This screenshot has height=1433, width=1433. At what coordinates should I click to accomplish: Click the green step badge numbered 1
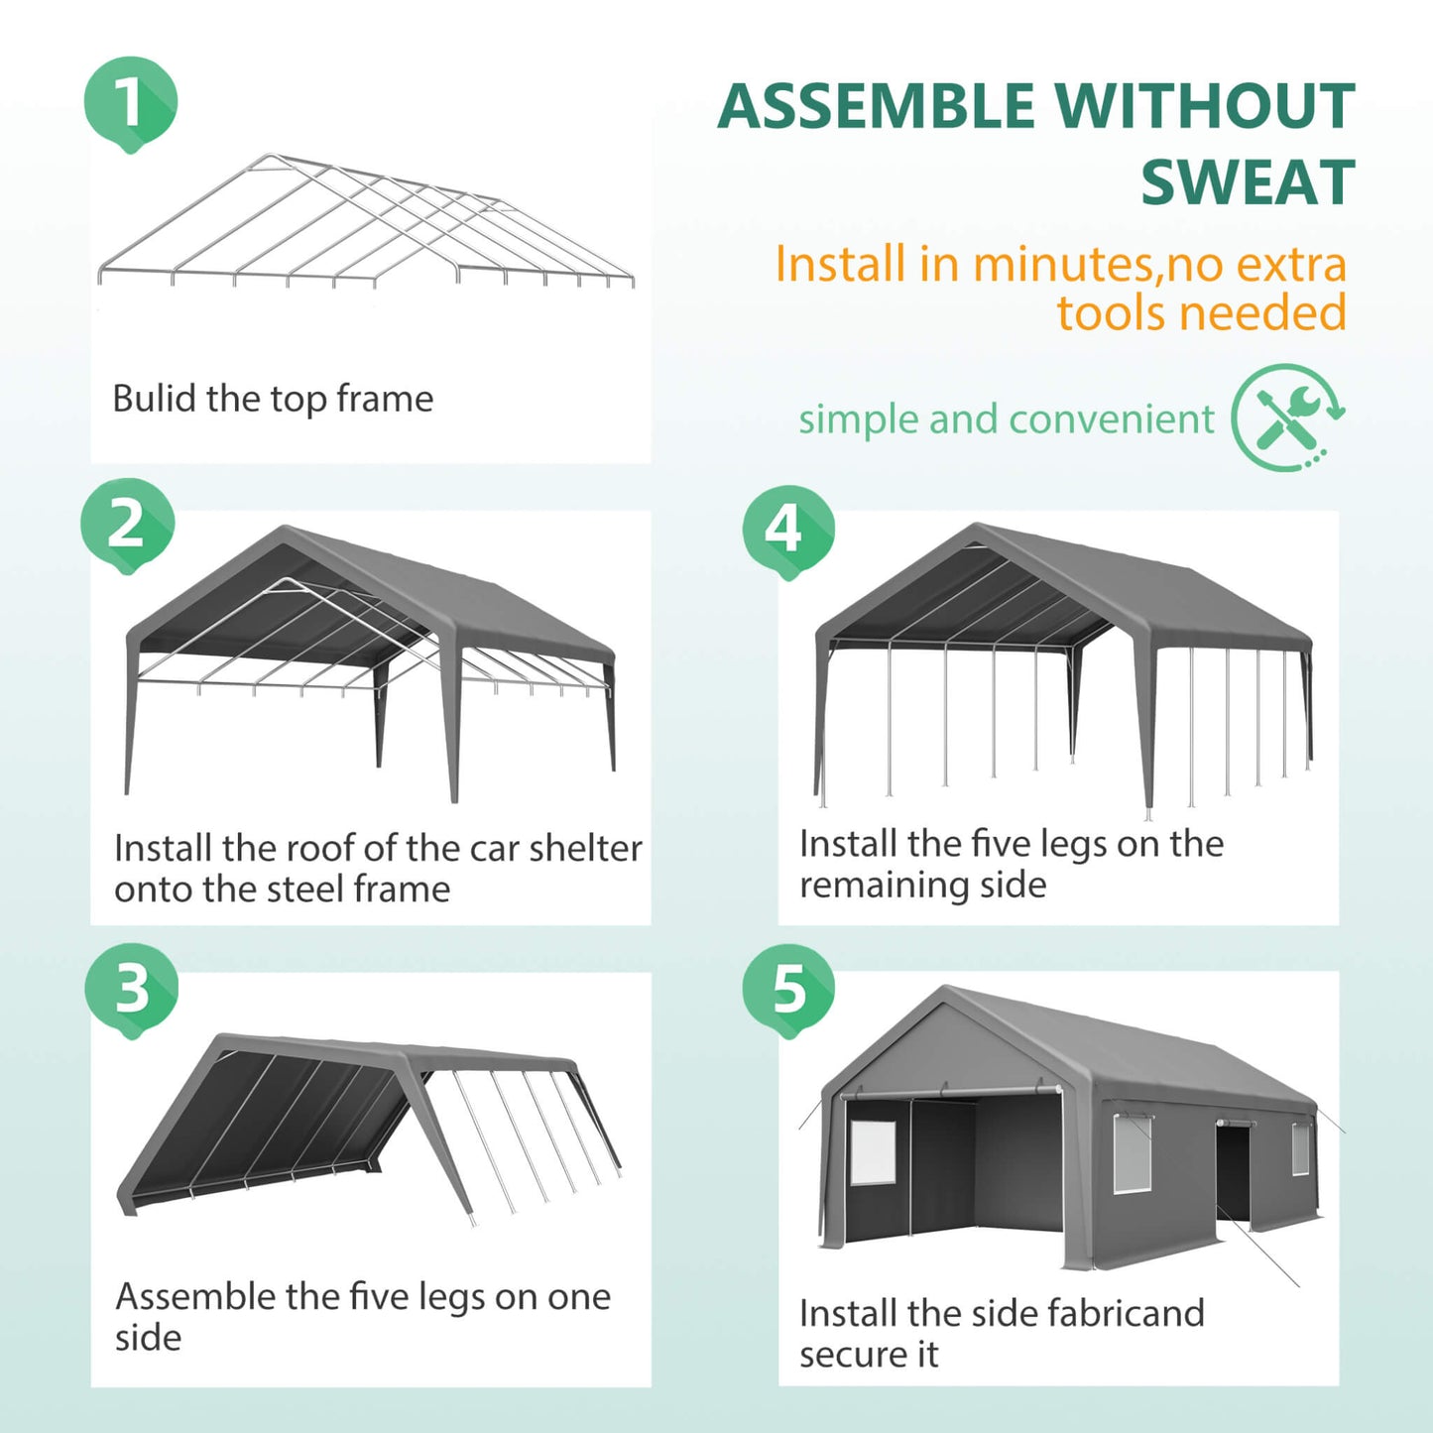pos(130,102)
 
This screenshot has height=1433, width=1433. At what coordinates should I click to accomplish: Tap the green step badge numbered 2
pos(127,524)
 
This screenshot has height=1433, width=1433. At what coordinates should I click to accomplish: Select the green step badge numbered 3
pos(131,989)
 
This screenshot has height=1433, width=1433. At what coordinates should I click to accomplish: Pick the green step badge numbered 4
pos(787,530)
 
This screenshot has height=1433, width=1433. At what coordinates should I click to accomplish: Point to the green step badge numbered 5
pos(788,989)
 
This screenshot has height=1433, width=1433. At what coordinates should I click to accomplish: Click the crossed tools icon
pos(1286,417)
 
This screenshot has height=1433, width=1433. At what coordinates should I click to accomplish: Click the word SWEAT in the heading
pos(1247,182)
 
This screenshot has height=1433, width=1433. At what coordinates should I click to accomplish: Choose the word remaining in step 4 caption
pos(922,885)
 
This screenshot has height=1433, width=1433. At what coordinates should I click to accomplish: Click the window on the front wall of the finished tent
pos(873,1152)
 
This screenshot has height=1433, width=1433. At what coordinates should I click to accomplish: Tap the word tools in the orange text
pos(1115,313)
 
